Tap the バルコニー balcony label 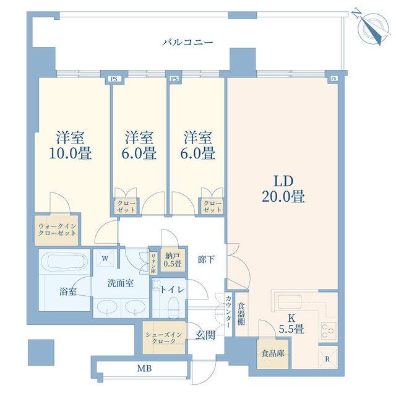point(187,42)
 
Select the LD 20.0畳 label point(283,189)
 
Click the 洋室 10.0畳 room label point(70,145)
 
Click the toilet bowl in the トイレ point(173,307)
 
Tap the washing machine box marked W point(105,258)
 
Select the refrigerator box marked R point(327,359)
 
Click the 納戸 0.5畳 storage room point(173,260)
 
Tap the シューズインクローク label point(163,338)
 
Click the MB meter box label point(144,369)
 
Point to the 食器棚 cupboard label point(241,314)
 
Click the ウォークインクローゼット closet point(56,230)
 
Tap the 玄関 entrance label point(205,335)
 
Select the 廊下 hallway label point(206,259)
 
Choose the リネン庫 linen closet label point(153,264)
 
